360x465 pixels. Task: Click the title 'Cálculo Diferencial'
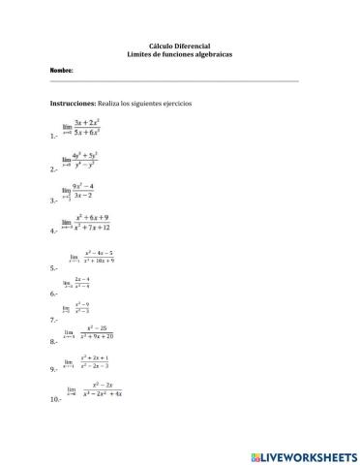(179, 45)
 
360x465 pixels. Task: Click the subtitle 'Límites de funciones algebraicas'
(179, 53)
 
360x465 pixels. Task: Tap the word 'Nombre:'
(62, 71)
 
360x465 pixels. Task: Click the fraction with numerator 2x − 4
(82, 283)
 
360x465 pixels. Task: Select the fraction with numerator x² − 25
(96, 332)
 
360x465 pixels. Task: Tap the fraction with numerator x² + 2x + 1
(95, 362)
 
